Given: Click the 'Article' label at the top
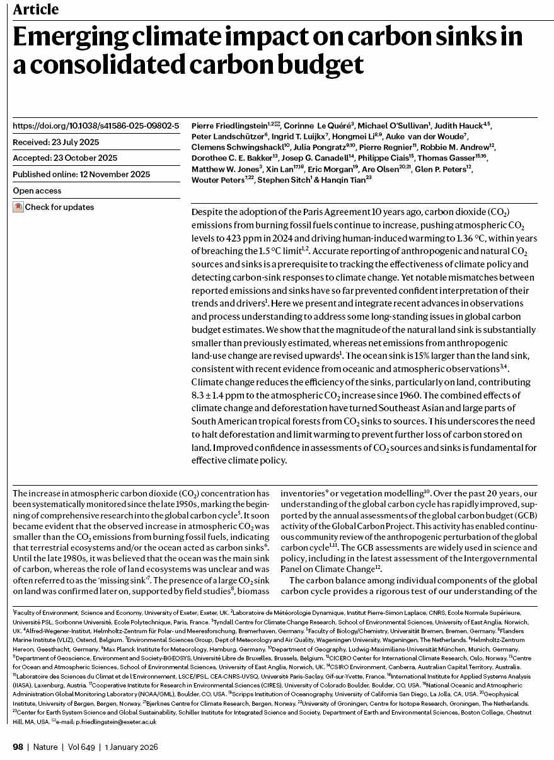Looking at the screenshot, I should [x=36, y=9].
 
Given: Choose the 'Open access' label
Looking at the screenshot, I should [x=37, y=190].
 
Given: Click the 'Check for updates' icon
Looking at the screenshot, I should [x=18, y=207].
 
